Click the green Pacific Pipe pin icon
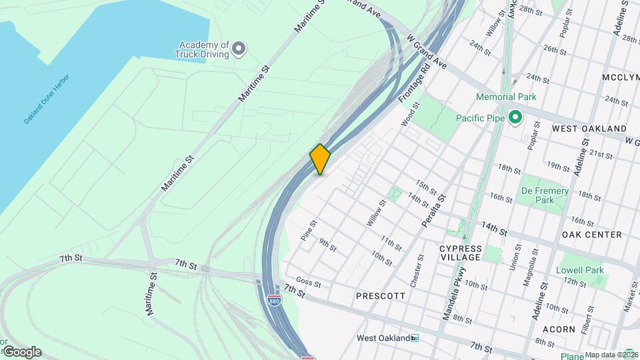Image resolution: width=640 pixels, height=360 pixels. (x=514, y=118)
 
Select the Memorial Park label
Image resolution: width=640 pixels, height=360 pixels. (x=506, y=97)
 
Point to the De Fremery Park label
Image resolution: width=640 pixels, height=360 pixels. (x=545, y=195)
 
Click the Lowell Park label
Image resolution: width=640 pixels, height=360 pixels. (x=580, y=270)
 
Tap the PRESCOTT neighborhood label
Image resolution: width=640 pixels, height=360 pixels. (x=381, y=295)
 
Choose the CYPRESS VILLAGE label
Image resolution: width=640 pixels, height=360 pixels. (x=460, y=253)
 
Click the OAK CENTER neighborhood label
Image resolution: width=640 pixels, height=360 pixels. (x=592, y=235)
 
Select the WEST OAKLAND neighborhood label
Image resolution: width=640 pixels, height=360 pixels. (x=589, y=128)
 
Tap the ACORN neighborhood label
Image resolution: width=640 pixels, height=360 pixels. (x=559, y=329)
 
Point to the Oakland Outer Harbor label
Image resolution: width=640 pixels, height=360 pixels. (x=46, y=99)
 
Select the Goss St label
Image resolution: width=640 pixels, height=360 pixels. (x=309, y=283)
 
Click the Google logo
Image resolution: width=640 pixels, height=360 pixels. (x=21, y=352)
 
